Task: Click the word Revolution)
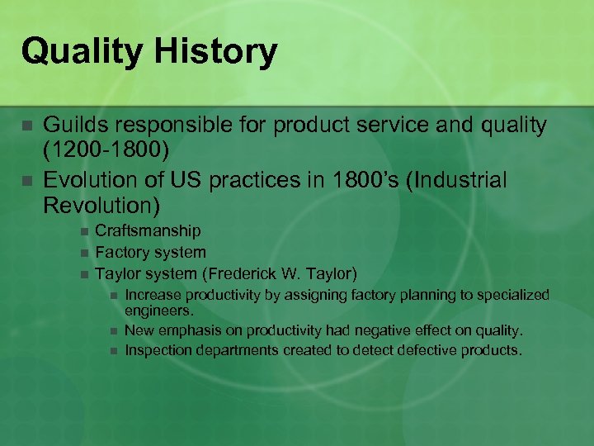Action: [x=101, y=202]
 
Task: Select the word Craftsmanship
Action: [x=148, y=231]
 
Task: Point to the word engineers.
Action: [x=159, y=311]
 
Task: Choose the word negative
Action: [x=386, y=330]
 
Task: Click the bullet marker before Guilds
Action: [x=27, y=126]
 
